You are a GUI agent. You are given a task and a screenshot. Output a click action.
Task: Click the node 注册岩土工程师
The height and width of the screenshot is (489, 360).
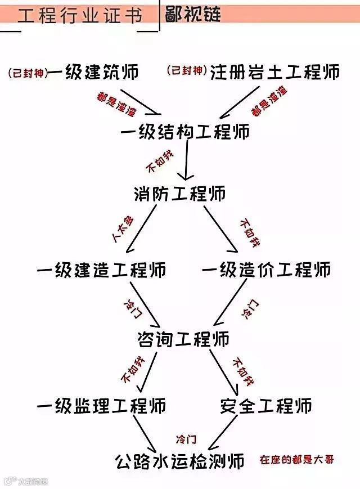click(275, 71)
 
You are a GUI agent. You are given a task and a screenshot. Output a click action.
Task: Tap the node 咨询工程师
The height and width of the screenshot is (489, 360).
click(183, 339)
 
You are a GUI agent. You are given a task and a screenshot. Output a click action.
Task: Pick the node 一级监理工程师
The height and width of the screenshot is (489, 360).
click(101, 405)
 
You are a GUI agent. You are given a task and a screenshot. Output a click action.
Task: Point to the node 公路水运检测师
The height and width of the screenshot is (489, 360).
click(180, 461)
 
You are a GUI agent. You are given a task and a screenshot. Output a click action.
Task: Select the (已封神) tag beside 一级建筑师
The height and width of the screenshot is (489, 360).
click(28, 72)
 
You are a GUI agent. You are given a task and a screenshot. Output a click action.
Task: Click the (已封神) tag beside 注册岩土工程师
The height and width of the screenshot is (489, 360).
click(186, 71)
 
